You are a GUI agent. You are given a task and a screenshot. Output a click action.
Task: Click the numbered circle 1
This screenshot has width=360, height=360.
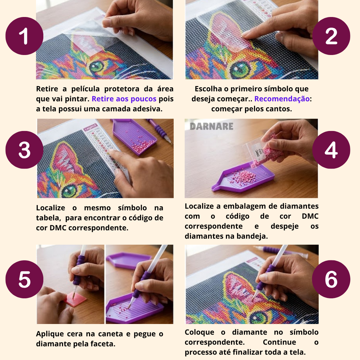point(24,36)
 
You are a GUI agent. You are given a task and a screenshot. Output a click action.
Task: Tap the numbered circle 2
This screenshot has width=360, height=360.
point(331,36)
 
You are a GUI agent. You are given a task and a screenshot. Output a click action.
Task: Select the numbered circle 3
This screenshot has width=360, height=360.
point(24,150)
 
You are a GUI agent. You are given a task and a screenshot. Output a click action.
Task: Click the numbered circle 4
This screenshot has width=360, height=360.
point(331,150)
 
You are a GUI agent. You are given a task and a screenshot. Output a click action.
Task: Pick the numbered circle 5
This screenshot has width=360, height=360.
point(24,279)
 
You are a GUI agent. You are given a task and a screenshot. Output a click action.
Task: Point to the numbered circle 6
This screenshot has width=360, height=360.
point(331,279)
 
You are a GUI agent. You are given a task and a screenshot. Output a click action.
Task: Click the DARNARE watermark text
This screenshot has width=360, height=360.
point(211,126)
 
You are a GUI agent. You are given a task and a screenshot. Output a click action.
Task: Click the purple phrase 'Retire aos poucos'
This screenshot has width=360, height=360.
point(124,99)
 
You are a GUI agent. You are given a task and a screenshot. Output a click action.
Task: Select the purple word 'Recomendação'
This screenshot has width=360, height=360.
point(282,99)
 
